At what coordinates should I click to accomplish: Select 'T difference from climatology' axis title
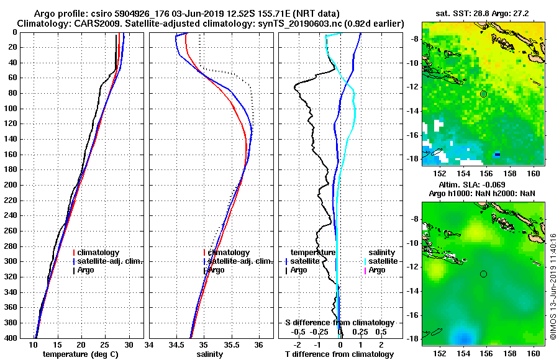point(339,354)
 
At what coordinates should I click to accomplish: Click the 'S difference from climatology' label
point(339,323)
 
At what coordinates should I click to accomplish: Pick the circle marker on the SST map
point(483,94)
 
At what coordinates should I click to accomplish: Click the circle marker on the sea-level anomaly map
point(483,274)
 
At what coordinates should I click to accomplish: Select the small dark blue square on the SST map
point(497,155)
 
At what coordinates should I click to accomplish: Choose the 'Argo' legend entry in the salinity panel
point(216,270)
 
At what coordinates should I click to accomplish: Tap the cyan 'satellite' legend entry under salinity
point(383,261)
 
